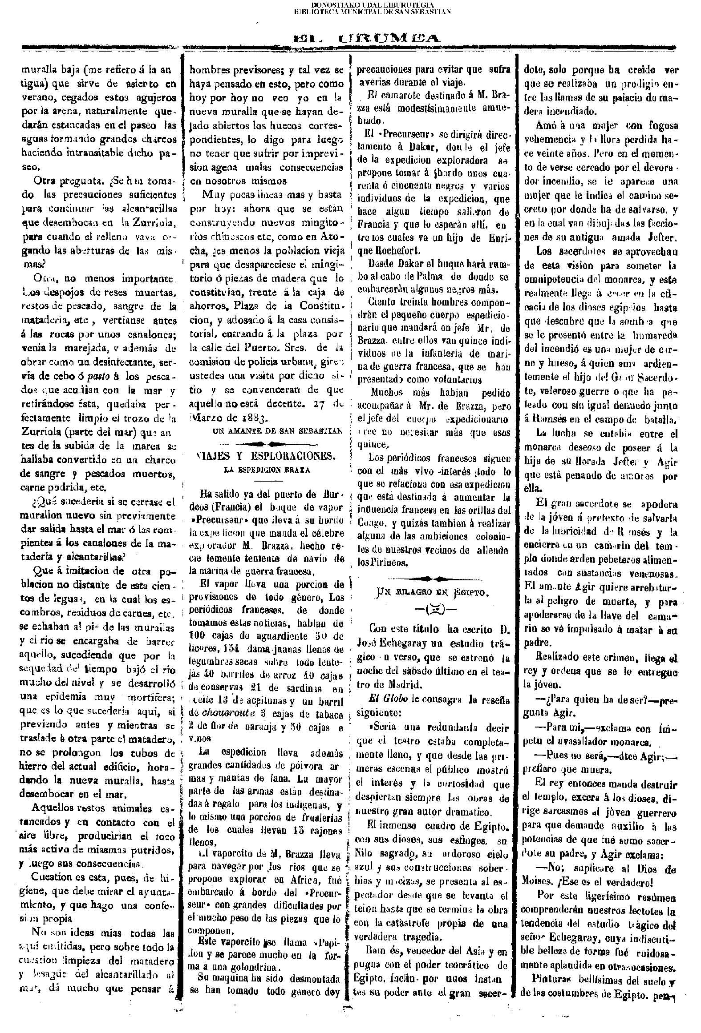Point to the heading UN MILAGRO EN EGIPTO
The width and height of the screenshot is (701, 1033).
(x=433, y=592)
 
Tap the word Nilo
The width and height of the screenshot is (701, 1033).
(x=365, y=853)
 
